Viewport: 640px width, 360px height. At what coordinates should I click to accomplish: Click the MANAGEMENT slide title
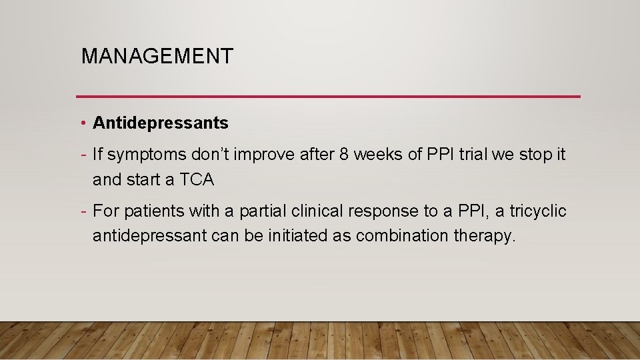157,56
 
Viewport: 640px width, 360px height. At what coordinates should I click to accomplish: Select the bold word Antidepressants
161,123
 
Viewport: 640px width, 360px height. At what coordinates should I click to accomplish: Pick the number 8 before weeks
344,155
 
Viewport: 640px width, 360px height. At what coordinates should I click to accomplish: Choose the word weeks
377,155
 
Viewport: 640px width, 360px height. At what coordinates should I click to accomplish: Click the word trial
477,155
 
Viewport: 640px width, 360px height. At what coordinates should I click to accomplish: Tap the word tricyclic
538,212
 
